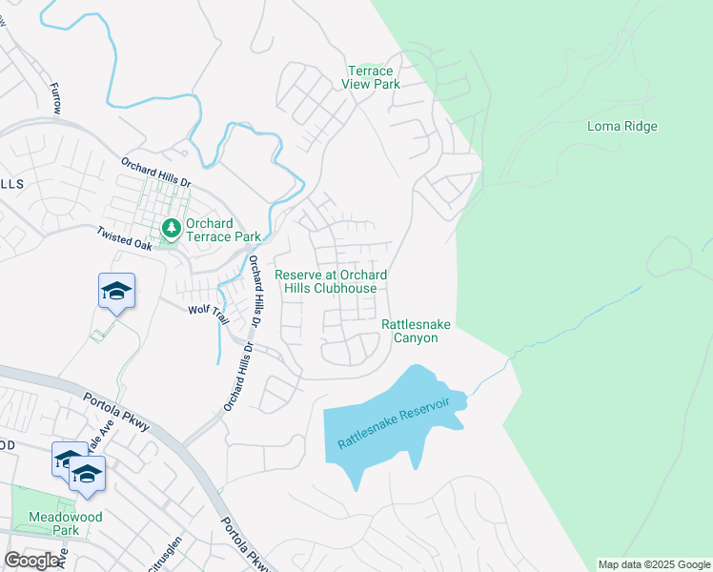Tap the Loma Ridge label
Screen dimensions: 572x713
pos(622,126)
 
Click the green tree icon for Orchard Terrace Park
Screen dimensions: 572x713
pos(171,228)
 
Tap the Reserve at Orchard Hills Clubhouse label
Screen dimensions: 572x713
pos(332,281)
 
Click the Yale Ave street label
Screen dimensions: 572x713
pos(100,438)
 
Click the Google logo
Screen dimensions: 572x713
pos(32,561)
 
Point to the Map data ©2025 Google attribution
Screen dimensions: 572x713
pos(654,564)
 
